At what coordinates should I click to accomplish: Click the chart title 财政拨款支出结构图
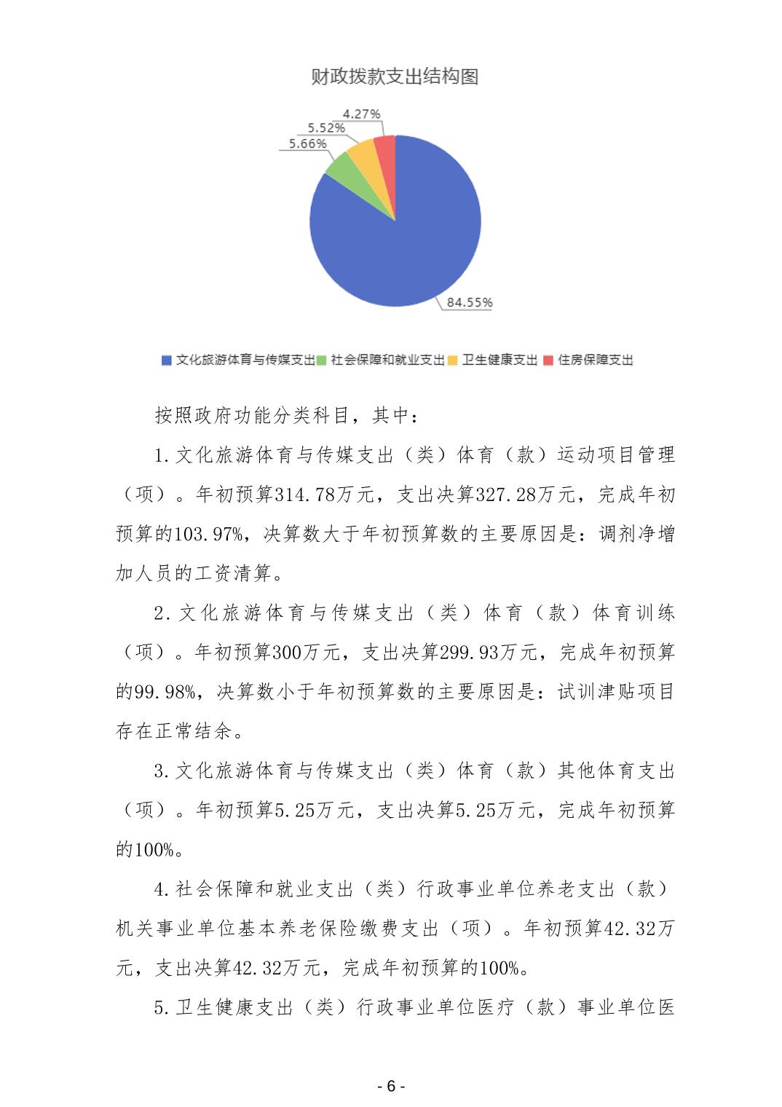394,77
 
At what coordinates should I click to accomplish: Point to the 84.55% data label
470,302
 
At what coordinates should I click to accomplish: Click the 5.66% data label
307,143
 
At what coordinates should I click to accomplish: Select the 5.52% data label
325,128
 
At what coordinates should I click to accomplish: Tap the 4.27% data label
361,114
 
